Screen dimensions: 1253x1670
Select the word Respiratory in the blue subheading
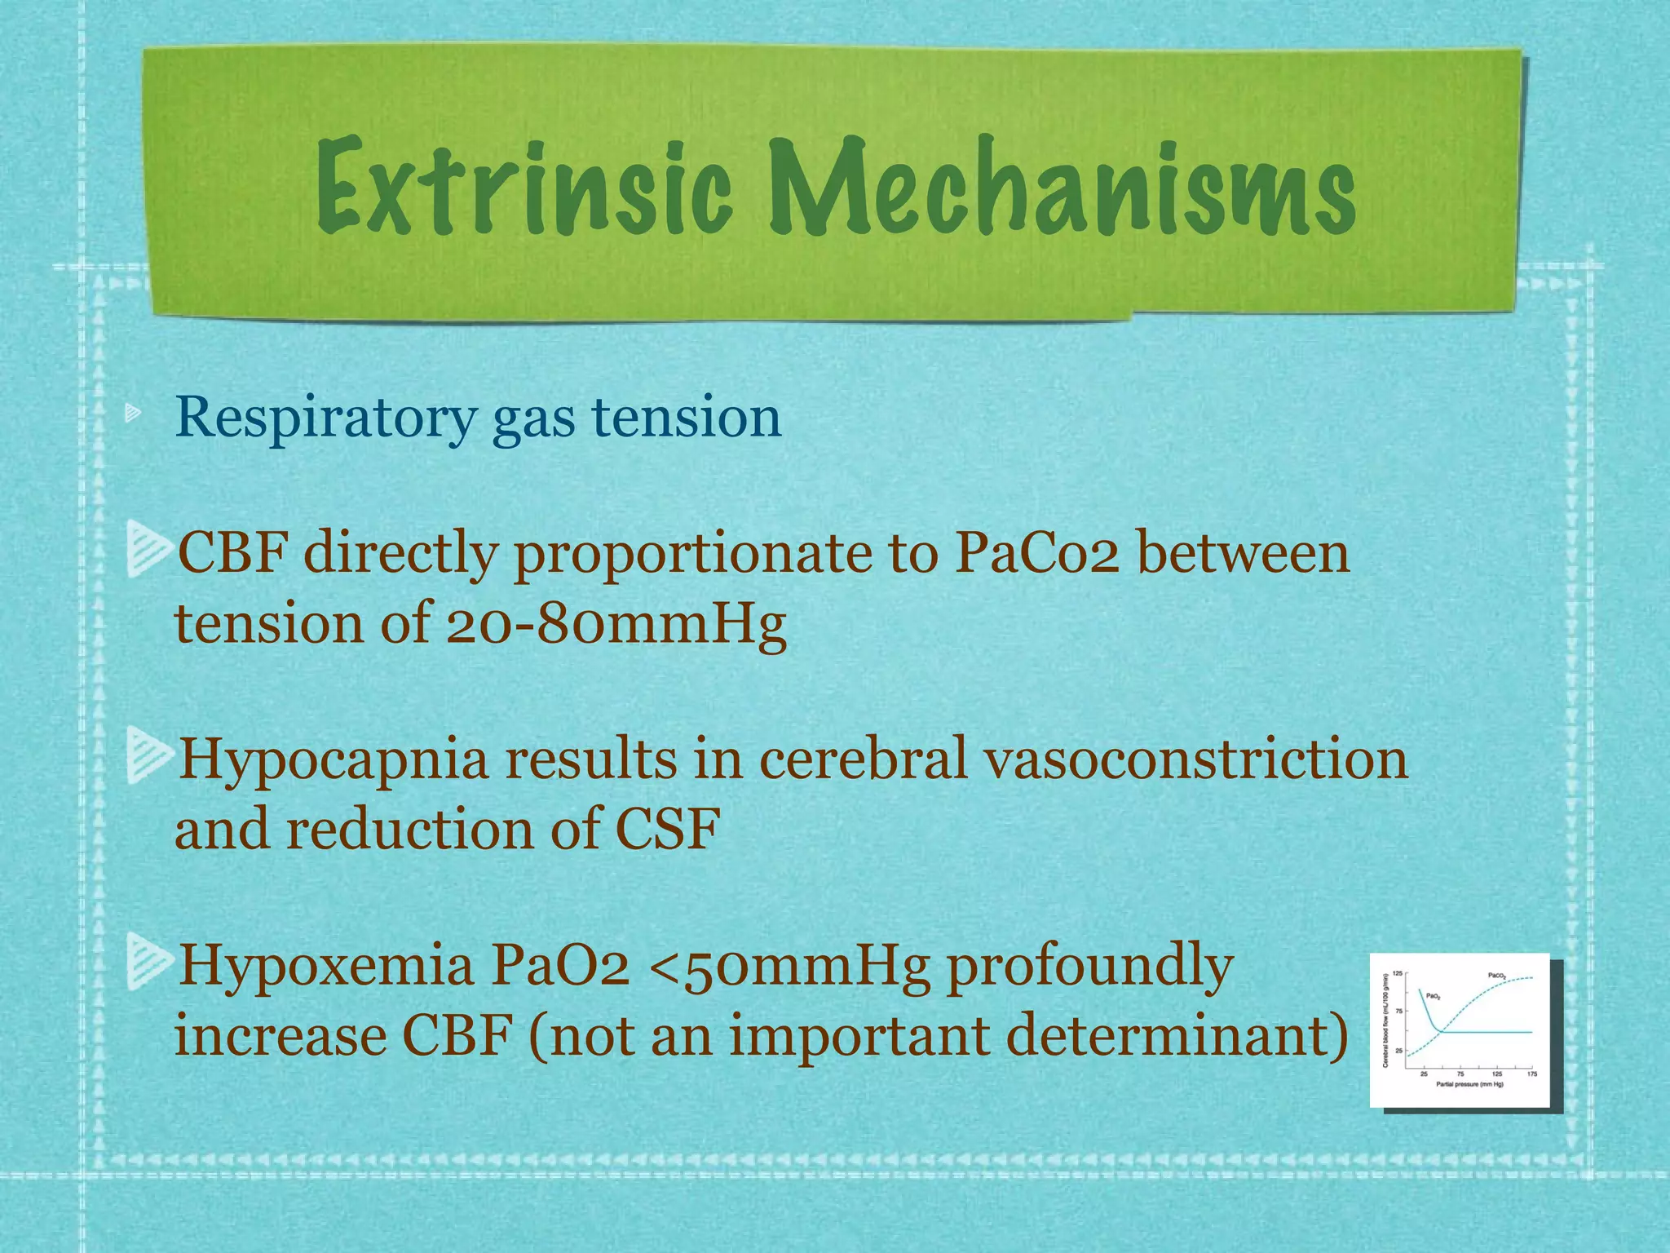[x=325, y=418]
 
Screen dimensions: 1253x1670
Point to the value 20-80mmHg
[x=616, y=625]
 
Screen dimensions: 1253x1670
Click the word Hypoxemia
[x=326, y=966]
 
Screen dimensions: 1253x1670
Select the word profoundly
[x=1089, y=966]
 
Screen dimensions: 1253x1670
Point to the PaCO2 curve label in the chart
[x=1497, y=976]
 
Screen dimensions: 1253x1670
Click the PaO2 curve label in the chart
[x=1434, y=996]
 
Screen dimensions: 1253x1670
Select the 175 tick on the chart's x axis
[x=1532, y=1074]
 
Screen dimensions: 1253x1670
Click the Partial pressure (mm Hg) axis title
[x=1470, y=1084]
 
